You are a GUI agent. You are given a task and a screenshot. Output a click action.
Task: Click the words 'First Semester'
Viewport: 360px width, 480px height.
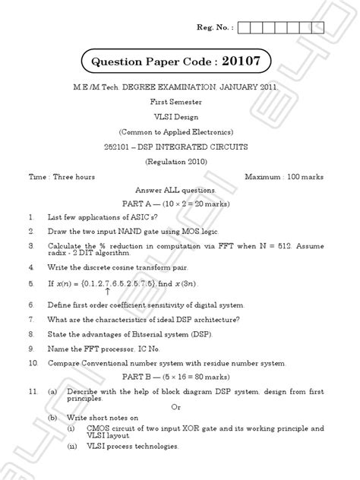(179, 109)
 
